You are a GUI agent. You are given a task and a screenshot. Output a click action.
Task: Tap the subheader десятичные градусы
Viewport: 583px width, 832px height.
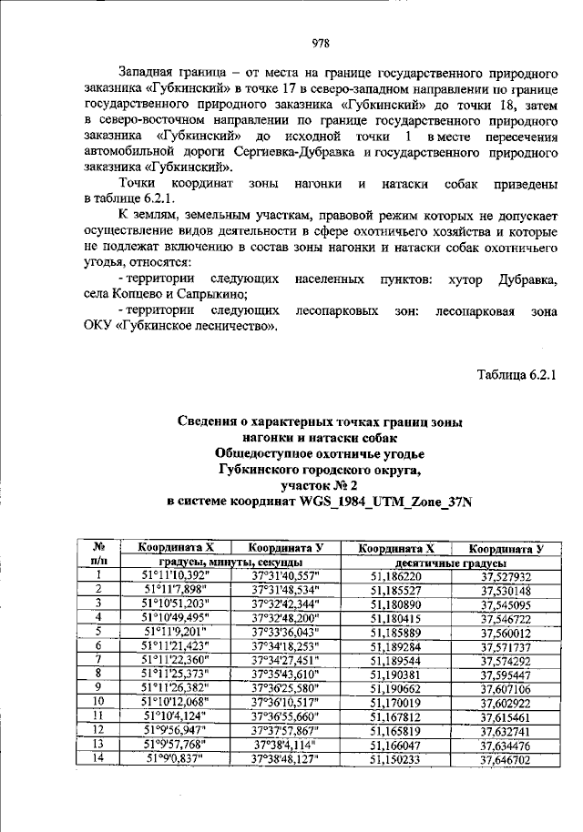coord(450,563)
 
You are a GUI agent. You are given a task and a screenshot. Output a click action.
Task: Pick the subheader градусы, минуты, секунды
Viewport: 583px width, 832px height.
coord(225,563)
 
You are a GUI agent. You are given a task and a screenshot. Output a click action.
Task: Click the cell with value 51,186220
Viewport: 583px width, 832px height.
coord(395,576)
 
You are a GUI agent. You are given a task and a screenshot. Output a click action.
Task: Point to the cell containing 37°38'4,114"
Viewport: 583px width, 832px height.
coord(284,743)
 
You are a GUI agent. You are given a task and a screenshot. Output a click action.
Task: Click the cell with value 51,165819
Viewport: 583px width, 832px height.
coord(395,729)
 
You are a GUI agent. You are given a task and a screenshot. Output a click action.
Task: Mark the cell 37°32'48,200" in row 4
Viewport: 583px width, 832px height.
coord(284,618)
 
